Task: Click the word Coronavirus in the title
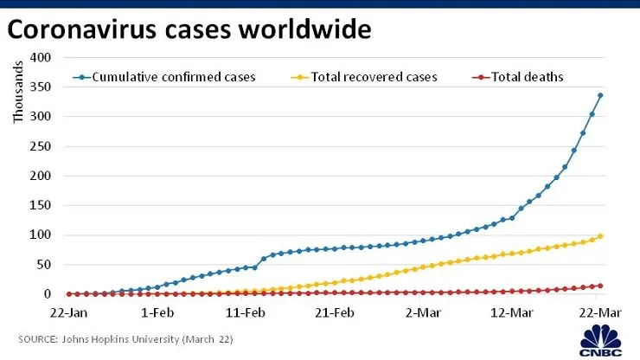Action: [x=81, y=29]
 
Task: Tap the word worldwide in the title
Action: [x=305, y=29]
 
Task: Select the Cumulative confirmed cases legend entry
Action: [x=164, y=77]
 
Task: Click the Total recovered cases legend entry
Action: [x=364, y=77]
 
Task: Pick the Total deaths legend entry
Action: [x=517, y=77]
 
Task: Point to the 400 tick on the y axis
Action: [x=41, y=57]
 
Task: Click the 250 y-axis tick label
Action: [x=41, y=146]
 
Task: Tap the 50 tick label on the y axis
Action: [x=44, y=265]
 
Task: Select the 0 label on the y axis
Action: [x=48, y=294]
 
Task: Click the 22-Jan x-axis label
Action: [x=68, y=313]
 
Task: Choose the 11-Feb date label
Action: [x=246, y=313]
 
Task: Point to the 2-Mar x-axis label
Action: [x=423, y=313]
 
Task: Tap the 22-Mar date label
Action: [x=600, y=313]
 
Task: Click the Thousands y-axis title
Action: [x=18, y=92]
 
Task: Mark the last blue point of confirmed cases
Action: [x=600, y=95]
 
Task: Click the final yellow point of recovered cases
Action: [x=600, y=236]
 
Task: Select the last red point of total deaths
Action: [x=600, y=286]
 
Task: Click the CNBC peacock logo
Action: [x=601, y=340]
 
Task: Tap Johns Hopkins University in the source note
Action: [x=121, y=339]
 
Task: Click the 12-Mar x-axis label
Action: [x=512, y=313]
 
